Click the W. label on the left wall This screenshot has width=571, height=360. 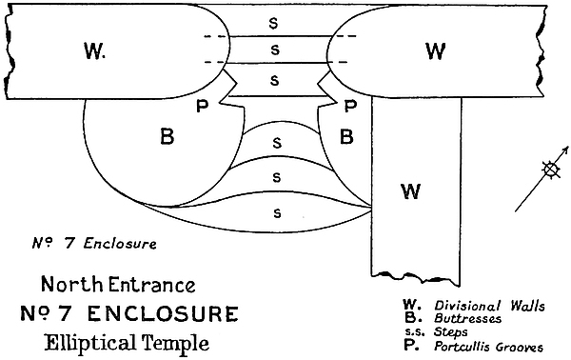94,50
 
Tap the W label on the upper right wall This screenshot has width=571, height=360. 435,50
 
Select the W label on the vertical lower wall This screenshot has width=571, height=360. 411,191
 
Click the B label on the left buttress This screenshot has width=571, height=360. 167,137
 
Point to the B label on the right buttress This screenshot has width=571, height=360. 346,137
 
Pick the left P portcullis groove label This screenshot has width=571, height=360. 202,106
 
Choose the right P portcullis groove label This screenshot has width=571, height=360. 350,106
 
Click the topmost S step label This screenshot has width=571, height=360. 273,23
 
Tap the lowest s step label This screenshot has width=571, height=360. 277,212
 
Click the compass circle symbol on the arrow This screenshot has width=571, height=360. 551,170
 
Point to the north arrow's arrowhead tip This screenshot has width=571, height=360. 568,147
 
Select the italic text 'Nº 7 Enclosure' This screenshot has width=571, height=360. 94,244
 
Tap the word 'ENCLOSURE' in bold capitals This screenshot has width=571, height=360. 163,313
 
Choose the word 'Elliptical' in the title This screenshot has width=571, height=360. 89,343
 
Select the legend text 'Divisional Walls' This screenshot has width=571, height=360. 489,306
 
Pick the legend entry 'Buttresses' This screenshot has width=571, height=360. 467,319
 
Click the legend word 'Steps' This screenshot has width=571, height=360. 451,332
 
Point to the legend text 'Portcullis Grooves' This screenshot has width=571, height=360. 488,347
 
